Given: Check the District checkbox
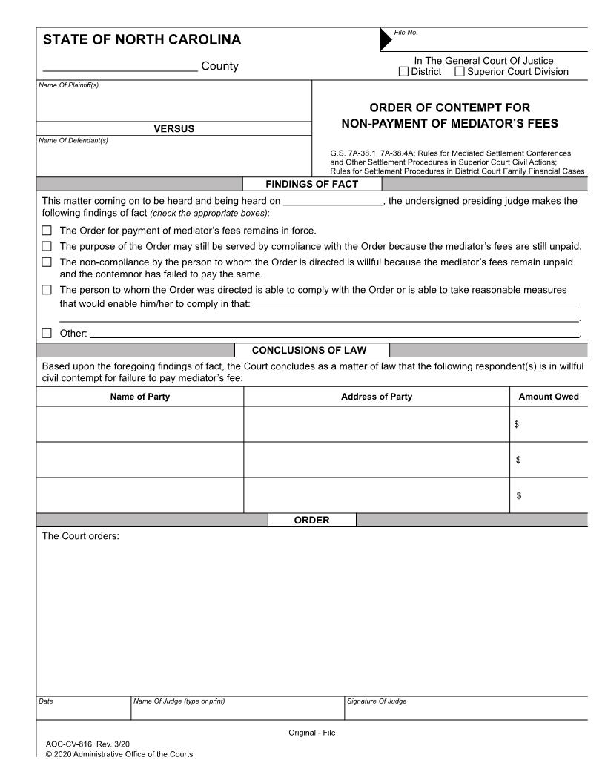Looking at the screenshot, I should point(403,72).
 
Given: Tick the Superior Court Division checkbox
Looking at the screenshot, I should point(460,72).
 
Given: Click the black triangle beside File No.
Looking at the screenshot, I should point(386,40).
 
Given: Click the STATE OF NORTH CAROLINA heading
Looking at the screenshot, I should point(142,40).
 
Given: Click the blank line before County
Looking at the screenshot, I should point(119,67).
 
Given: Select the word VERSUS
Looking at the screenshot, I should point(173,129).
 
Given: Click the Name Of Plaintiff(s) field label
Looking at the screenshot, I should point(68,85).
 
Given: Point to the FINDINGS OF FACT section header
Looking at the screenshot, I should point(311,184).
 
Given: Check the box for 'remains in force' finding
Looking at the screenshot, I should point(47,231).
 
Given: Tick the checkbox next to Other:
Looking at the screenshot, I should point(47,334).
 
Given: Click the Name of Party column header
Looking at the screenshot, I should point(139,397).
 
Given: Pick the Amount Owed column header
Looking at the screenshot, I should point(548,397).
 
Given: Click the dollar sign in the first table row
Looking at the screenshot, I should point(517,425).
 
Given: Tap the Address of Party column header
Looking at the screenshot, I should point(376,397).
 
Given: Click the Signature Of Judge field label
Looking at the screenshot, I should point(377,701).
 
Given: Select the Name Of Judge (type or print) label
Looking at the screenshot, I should point(179,701).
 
